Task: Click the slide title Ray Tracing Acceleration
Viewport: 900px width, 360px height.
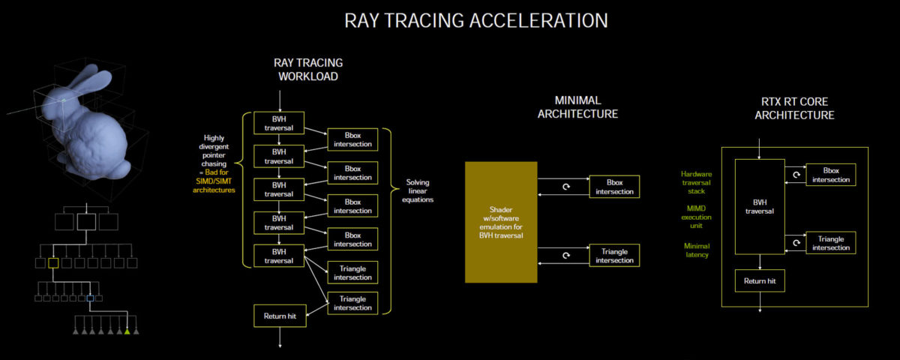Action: (x=475, y=20)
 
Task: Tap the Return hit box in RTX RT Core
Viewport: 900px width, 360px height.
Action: (x=760, y=280)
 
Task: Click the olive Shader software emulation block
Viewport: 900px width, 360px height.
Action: (x=500, y=222)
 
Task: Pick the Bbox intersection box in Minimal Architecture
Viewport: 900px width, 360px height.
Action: (x=614, y=187)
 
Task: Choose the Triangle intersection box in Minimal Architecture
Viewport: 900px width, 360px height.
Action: (x=614, y=255)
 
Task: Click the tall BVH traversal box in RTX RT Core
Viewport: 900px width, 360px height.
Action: (x=760, y=205)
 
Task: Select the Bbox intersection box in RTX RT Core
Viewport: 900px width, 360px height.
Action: (x=831, y=175)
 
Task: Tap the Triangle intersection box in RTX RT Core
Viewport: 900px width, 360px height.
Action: (x=831, y=242)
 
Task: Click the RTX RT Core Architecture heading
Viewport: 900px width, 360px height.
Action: (x=794, y=108)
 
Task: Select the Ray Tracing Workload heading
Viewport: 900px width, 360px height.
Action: (x=308, y=70)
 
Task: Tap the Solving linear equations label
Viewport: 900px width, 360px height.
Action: (x=418, y=190)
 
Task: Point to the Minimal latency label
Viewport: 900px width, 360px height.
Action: (x=696, y=250)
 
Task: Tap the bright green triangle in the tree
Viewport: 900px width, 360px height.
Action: (x=127, y=331)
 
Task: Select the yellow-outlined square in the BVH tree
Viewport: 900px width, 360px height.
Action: (x=53, y=262)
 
